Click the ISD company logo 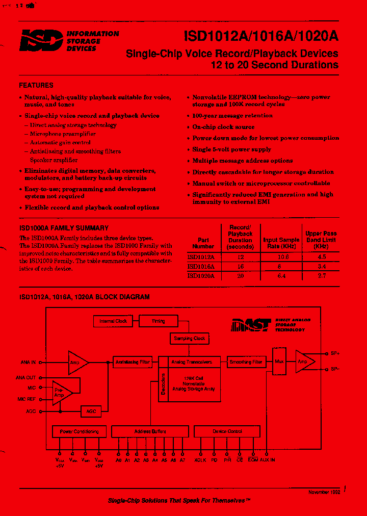pos(42,40)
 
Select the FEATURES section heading pos(36,85)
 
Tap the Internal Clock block pos(113,321)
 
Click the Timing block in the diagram pos(158,321)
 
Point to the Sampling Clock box pos(190,339)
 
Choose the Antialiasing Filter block pos(133,362)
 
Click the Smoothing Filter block pos(246,362)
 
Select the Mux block pos(279,362)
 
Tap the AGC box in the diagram pos(91,410)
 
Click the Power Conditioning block pos(80,431)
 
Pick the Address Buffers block pos(150,431)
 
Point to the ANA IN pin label pos(28,363)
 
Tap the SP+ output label pos(335,353)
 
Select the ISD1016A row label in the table pos(201,266)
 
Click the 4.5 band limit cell pos(321,257)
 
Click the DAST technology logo pos(251,325)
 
